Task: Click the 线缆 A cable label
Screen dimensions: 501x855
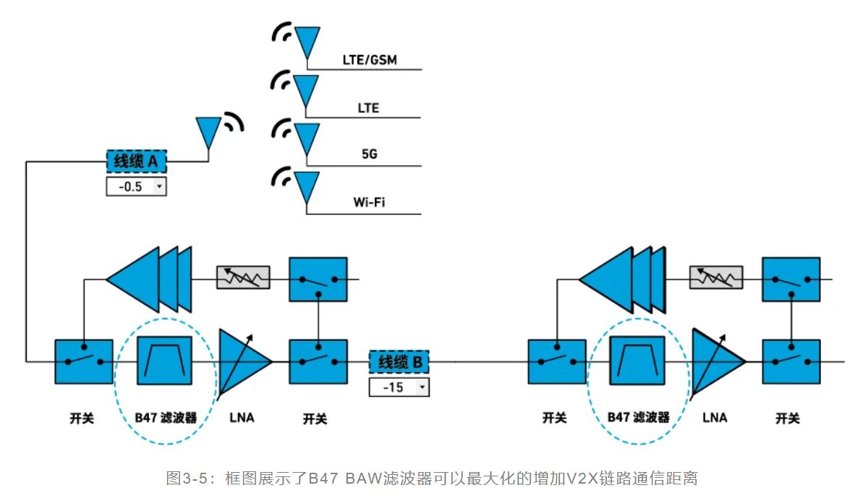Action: [137, 161]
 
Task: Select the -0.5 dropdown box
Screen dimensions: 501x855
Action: [137, 187]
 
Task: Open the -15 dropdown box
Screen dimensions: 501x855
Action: [399, 387]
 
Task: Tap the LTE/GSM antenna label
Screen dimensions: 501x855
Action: [370, 60]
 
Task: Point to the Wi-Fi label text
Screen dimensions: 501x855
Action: [369, 202]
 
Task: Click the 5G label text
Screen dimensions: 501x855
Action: [369, 154]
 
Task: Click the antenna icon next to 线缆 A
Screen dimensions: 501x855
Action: [208, 132]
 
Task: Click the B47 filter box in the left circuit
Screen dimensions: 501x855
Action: [166, 360]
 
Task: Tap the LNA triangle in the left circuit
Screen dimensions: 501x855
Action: [242, 360]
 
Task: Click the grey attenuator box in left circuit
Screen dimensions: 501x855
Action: [243, 277]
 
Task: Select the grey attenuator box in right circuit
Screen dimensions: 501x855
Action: [716, 277]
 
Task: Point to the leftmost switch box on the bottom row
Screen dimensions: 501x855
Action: [84, 361]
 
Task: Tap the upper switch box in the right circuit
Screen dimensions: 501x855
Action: [791, 278]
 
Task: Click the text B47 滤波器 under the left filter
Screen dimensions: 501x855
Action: [166, 418]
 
